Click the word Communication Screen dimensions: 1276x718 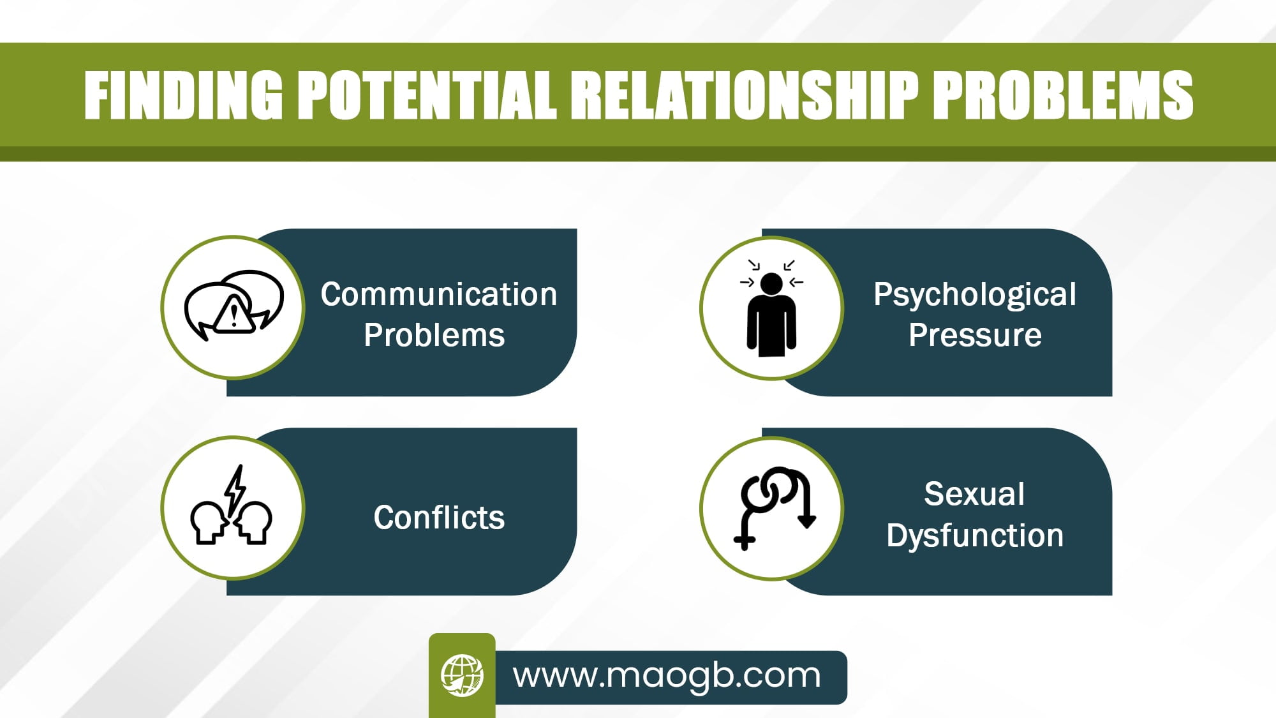coord(439,294)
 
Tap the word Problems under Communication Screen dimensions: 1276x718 coord(434,335)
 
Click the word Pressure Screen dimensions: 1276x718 coord(975,335)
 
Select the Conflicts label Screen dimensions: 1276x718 coord(439,517)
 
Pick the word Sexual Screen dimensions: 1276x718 coord(974,494)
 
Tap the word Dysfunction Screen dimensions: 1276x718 coord(975,535)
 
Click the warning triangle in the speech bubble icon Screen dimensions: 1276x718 coord(234,313)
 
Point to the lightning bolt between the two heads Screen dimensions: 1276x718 coord(235,492)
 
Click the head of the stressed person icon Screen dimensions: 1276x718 coord(771,284)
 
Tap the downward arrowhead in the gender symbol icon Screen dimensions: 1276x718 coord(807,520)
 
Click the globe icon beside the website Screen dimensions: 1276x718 coord(462,675)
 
